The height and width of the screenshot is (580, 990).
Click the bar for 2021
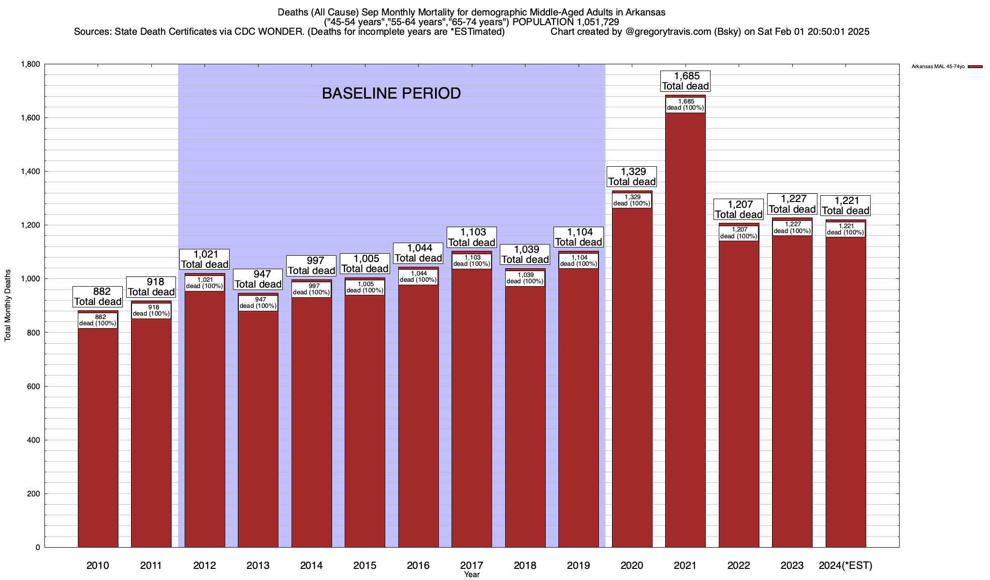[x=685, y=338]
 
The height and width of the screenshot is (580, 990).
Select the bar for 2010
[x=98, y=435]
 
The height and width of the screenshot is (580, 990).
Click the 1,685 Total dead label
[x=685, y=81]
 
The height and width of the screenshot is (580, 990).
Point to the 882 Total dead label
[x=98, y=297]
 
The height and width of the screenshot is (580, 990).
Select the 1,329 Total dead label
[x=632, y=177]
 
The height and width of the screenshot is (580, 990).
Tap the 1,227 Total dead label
[x=792, y=204]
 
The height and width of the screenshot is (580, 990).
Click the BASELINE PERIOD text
[x=391, y=93]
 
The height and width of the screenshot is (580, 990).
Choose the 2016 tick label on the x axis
[x=418, y=565]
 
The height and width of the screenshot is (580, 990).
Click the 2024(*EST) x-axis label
[x=845, y=565]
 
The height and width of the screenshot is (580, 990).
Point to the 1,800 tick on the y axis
[x=30, y=64]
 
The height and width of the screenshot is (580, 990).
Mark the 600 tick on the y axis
[x=34, y=387]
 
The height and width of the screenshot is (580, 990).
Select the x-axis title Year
[x=471, y=575]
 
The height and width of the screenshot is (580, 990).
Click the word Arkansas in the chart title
[x=646, y=13]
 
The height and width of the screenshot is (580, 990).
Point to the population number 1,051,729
[x=597, y=22]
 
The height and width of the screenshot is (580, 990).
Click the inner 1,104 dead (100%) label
[x=579, y=261]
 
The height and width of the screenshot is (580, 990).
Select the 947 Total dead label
[x=258, y=279]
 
